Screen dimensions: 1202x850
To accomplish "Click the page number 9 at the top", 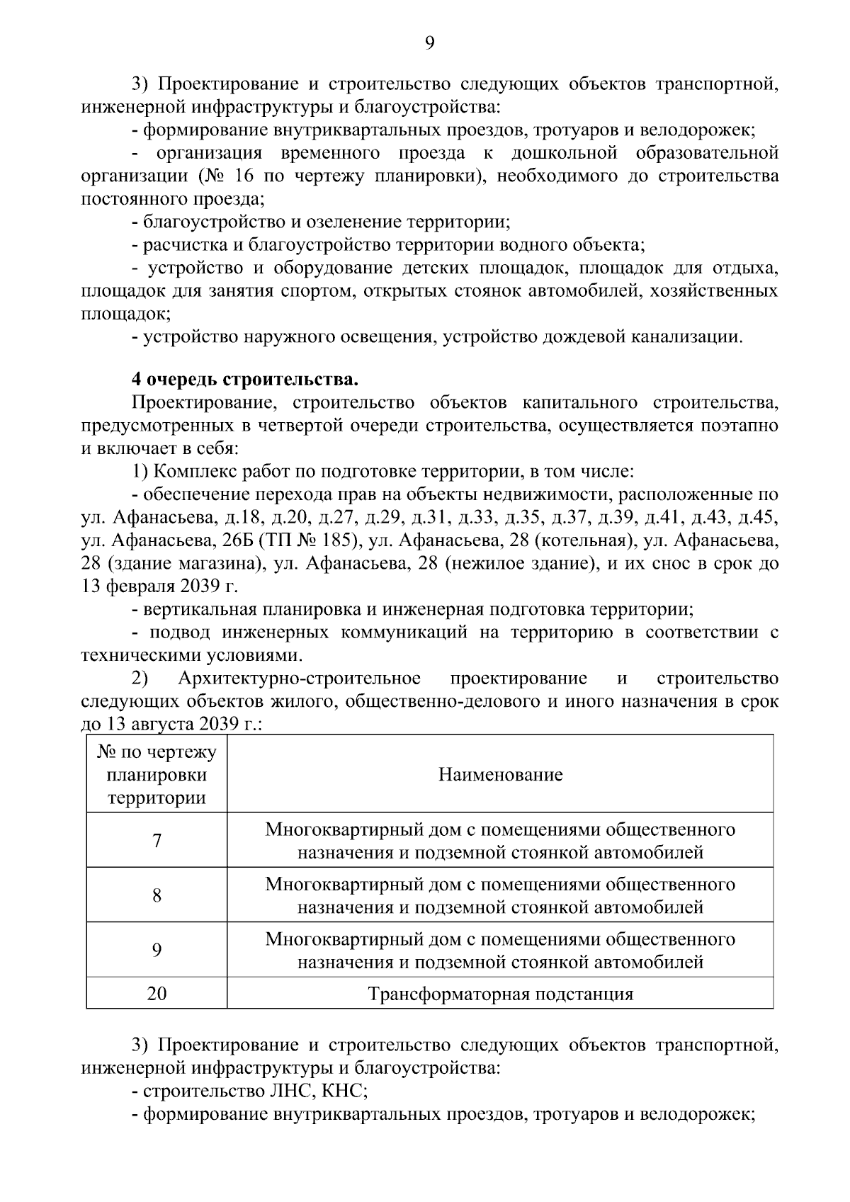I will tap(429, 44).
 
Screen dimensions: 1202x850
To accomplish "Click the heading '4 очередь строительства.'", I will tap(245, 380).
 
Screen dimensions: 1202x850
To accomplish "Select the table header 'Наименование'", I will tap(500, 774).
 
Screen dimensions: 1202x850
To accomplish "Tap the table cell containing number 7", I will tap(157, 841).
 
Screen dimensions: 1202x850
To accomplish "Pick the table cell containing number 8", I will tap(157, 895).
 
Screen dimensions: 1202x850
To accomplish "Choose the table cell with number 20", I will tap(157, 994).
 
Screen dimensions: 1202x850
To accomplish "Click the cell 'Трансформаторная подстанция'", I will tap(500, 994).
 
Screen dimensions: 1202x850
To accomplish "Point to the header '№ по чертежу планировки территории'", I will tap(157, 774).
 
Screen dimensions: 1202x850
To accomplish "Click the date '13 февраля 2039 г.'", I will tap(160, 587).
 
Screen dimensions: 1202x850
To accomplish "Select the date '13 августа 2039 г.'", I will tap(183, 724).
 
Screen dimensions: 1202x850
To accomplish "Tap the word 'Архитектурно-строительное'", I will tap(299, 679).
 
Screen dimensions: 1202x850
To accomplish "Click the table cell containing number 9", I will tap(157, 950).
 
